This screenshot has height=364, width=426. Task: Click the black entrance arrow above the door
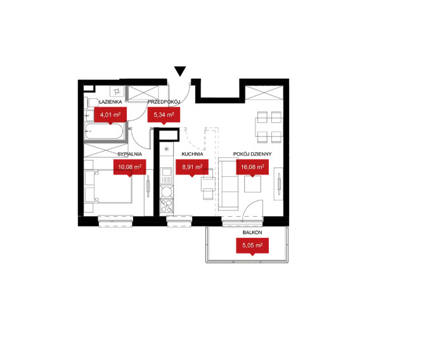tap(180, 72)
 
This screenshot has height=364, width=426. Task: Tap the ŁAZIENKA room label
tap(110, 102)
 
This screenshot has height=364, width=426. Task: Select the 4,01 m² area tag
tap(110, 115)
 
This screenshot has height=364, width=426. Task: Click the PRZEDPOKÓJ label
tap(164, 102)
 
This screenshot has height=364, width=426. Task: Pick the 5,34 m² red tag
tap(164, 115)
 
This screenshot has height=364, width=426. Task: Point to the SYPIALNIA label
tap(129, 154)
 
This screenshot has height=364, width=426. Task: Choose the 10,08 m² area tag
tap(129, 167)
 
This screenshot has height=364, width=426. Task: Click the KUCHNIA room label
tap(192, 154)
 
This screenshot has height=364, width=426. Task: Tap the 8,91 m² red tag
tap(192, 167)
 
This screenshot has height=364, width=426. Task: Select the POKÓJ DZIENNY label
tap(252, 154)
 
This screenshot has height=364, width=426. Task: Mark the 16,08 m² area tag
tap(252, 167)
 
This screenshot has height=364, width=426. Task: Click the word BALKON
tap(252, 233)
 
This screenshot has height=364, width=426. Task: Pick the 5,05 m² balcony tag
tap(252, 246)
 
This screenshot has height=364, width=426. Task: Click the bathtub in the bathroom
tap(104, 131)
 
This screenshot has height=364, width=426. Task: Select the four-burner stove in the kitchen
tap(166, 205)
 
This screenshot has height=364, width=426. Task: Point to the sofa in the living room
tap(228, 185)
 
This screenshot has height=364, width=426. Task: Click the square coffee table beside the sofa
tap(253, 185)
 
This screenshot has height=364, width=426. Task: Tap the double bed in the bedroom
tap(108, 186)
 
